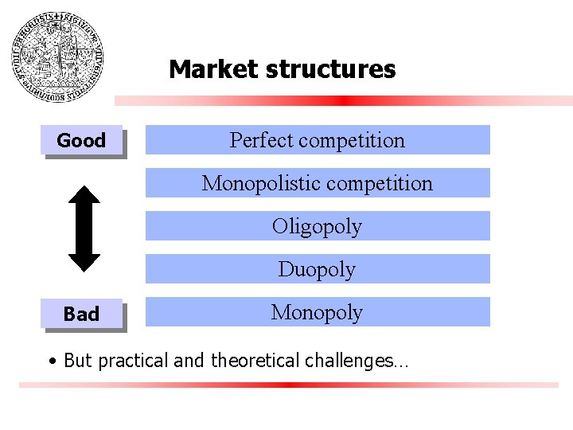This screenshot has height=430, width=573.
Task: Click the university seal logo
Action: click(57, 57)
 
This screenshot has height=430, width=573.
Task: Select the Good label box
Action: click(82, 141)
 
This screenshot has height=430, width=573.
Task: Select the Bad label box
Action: click(82, 314)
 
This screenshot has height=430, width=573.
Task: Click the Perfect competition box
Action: click(318, 140)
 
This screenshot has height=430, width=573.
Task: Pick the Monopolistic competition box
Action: click(318, 183)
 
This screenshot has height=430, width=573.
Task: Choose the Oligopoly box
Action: click(318, 226)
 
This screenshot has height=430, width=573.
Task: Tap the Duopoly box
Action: click(318, 269)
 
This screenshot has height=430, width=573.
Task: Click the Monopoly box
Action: click(318, 312)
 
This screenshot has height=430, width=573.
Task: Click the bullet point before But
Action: click(52, 362)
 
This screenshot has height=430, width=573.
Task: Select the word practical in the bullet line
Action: click(131, 361)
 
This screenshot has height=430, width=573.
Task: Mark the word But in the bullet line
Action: click(76, 361)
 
